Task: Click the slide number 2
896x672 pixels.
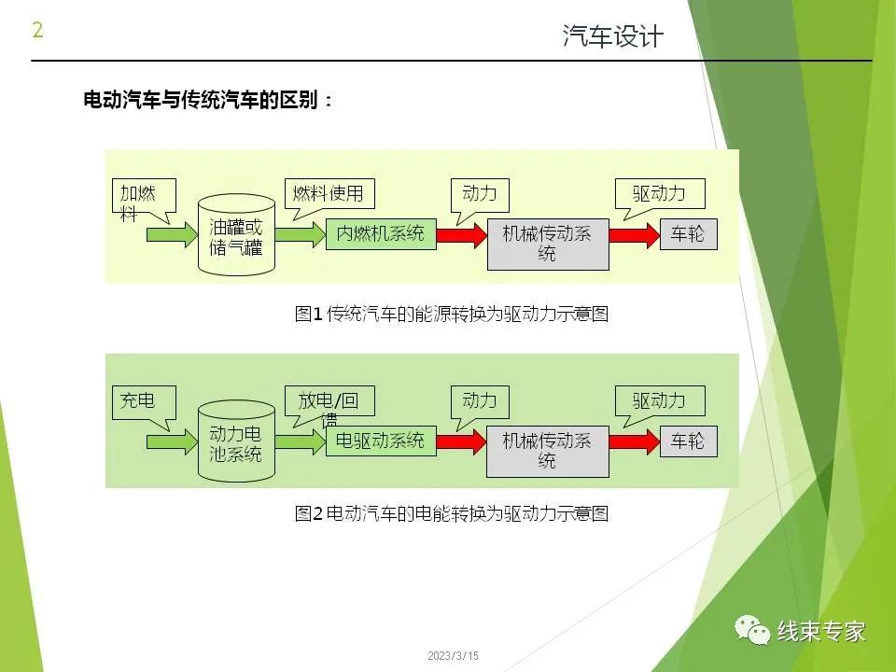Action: pos(37,30)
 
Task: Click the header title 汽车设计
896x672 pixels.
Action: pos(613,36)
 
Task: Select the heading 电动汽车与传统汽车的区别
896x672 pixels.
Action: pos(208,101)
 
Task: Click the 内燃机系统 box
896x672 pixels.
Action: pos(381,233)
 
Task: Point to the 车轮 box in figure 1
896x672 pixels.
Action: pos(688,234)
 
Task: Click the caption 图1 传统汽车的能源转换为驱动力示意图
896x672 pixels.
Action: pos(452,315)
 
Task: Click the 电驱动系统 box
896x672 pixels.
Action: pos(381,441)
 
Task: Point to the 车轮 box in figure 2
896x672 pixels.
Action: pos(688,441)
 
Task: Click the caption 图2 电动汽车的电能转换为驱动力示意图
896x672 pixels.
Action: pos(452,513)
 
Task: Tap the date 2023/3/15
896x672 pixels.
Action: pos(453,657)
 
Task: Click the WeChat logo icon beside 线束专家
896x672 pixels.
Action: pos(753,631)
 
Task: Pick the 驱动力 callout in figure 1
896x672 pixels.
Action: pos(659,194)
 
